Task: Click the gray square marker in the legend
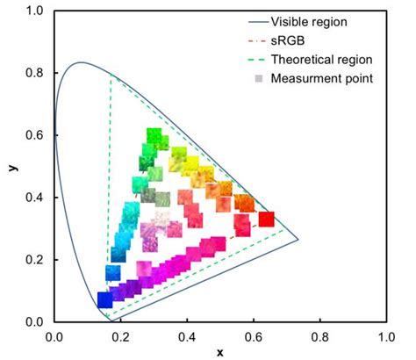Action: point(257,80)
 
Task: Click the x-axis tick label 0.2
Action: point(120,336)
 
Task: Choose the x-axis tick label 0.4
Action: point(187,336)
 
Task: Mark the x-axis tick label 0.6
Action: point(254,336)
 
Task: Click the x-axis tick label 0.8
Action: point(319,336)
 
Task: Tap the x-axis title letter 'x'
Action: point(219,352)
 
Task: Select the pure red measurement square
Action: point(266,219)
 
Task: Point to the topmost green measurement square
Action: point(154,135)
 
